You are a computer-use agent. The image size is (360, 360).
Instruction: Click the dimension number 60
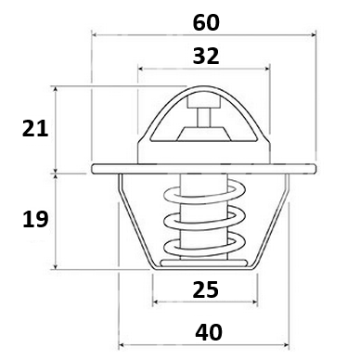point(206,22)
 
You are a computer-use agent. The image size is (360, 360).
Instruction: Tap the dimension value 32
point(206,57)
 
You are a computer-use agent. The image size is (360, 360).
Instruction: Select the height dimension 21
point(35,129)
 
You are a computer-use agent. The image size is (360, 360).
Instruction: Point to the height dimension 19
point(35,219)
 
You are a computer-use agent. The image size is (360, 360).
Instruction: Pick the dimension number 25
point(205,289)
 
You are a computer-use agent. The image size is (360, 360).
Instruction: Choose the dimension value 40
point(209,332)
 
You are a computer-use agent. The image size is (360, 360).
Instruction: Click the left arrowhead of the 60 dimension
point(95,35)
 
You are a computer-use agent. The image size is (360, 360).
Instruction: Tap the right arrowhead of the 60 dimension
point(314,35)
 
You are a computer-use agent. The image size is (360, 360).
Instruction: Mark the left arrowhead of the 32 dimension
point(141,69)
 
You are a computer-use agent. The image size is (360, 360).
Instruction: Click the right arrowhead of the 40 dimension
point(286,344)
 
